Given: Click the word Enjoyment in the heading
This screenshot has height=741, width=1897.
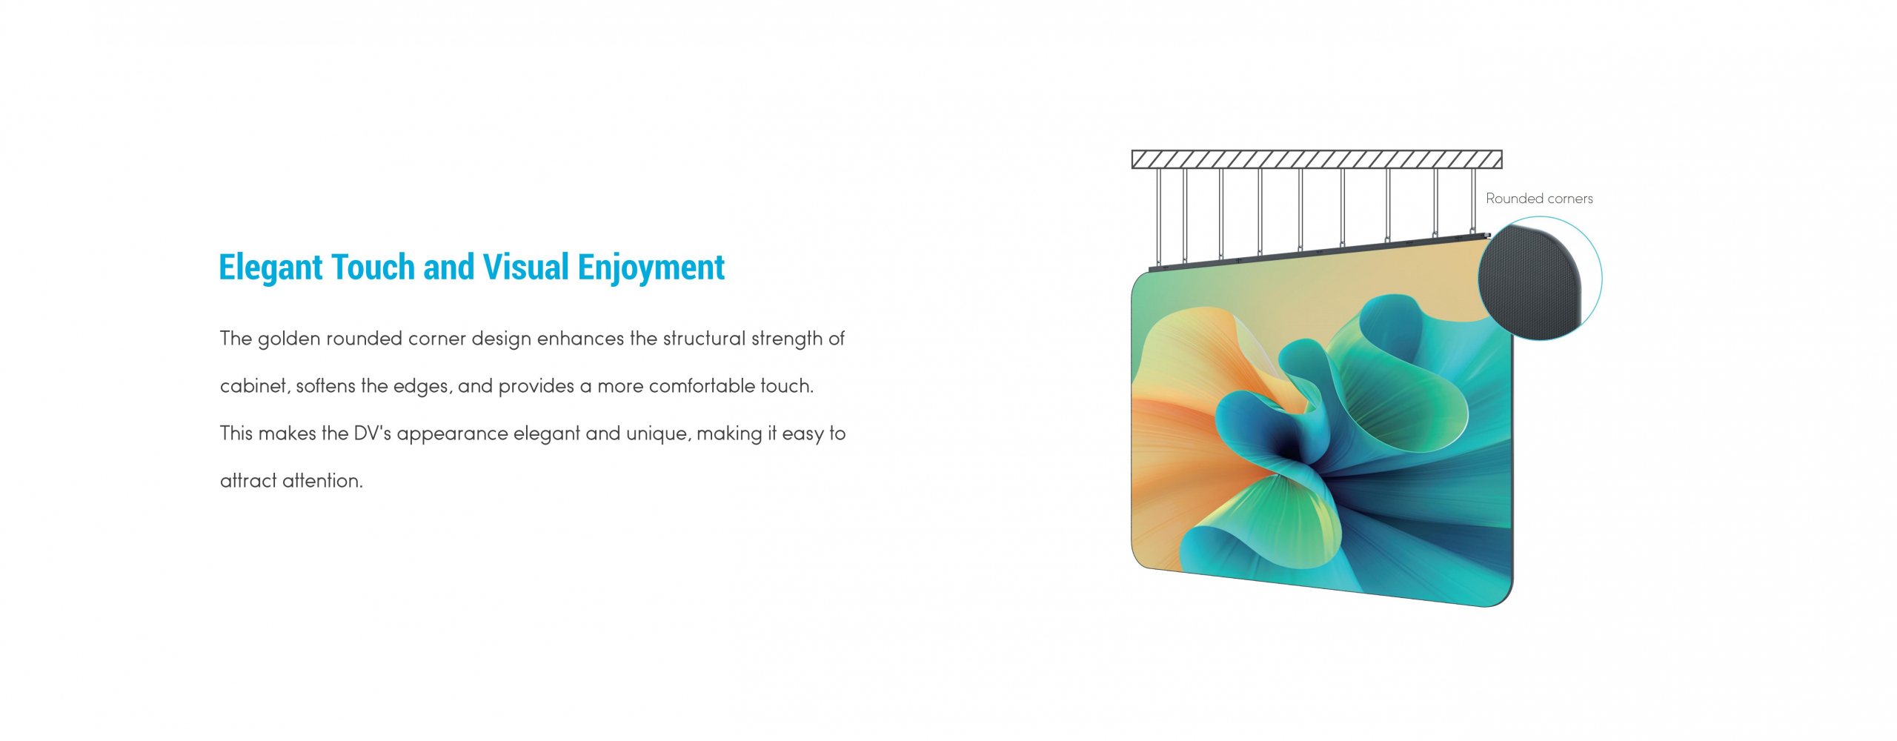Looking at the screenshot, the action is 651,268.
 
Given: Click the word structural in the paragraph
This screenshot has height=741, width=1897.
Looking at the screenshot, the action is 704,338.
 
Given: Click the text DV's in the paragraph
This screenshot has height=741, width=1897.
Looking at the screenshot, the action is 373,433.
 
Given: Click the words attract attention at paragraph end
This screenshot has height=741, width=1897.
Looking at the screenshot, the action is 291,481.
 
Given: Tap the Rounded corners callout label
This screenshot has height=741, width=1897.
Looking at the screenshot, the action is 1539,199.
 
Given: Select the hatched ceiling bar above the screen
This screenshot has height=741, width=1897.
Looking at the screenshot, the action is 1317,159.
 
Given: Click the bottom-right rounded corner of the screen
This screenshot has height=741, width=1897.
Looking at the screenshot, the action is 1504,599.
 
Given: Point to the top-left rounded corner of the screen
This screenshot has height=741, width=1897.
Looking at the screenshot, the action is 1138,281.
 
